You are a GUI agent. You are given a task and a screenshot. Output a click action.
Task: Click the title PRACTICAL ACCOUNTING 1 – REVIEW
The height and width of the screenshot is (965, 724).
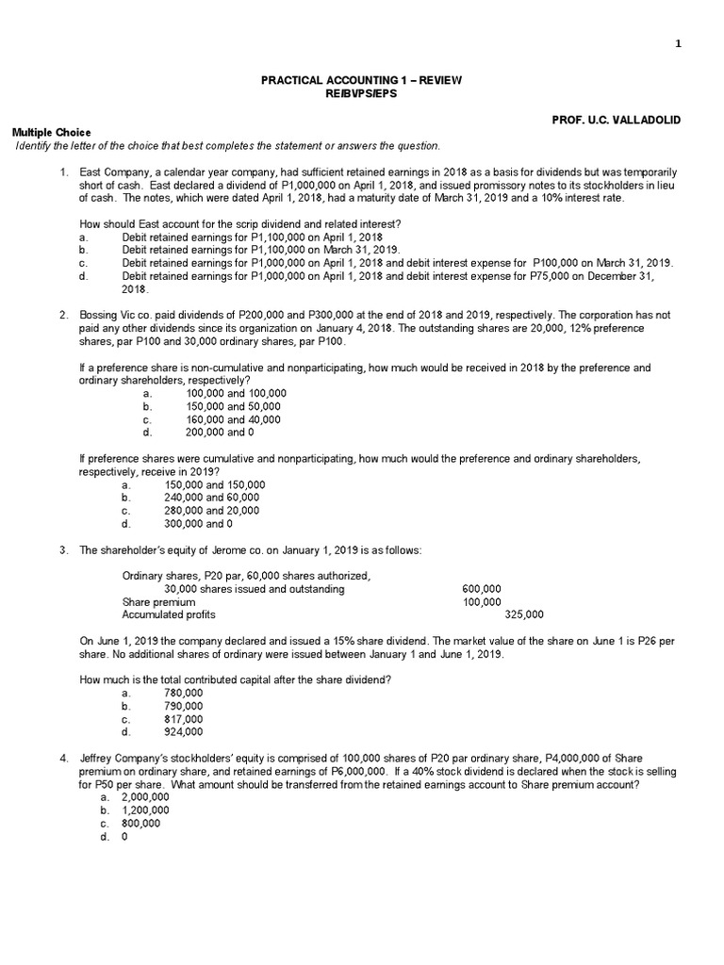[361, 81]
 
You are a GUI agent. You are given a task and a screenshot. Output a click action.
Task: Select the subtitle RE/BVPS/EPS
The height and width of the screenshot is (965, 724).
[361, 94]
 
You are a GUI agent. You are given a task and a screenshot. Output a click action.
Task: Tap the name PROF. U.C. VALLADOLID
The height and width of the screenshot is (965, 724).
[630, 121]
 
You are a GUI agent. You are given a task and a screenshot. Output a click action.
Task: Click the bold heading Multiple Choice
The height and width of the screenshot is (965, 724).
[51, 133]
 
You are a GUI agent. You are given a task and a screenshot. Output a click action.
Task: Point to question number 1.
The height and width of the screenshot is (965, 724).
[63, 172]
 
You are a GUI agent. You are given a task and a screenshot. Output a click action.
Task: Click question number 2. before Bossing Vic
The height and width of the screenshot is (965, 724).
[63, 315]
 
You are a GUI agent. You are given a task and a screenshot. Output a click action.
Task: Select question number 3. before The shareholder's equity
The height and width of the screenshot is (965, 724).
[63, 549]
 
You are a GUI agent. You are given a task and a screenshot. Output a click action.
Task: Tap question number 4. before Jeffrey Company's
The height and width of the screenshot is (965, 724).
[63, 759]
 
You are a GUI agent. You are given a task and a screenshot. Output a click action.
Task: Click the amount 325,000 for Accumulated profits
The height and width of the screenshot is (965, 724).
[524, 614]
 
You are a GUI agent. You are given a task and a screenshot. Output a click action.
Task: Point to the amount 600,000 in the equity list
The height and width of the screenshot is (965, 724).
[482, 589]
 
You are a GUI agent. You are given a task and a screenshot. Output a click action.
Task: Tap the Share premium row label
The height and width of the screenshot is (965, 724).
[159, 602]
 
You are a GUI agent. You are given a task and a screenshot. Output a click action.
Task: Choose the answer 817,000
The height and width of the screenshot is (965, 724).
[183, 718]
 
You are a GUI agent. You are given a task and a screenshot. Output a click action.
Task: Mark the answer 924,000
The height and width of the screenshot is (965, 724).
[183, 731]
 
